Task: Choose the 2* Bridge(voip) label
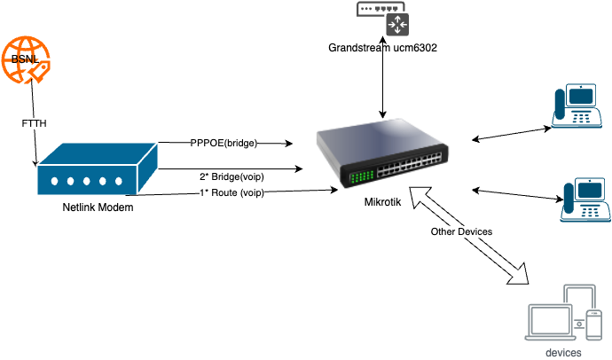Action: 231,176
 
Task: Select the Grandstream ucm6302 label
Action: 384,46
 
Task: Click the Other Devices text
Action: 461,231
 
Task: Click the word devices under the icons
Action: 564,353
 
